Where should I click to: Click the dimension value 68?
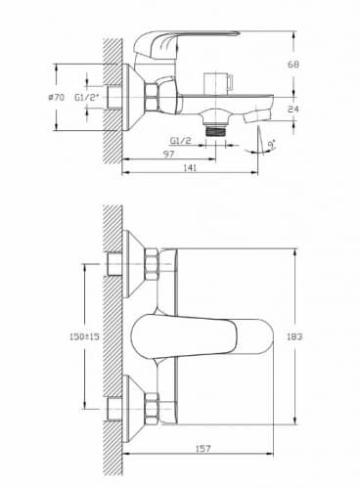point(293,65)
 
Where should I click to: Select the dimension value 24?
point(293,109)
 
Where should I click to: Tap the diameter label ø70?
point(57,97)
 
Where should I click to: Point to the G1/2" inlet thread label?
point(87,97)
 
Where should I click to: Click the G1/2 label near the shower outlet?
point(181,140)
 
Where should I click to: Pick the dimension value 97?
point(168,154)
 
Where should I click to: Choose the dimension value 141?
point(190,167)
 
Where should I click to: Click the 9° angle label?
point(271,144)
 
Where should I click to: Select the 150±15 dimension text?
point(84,336)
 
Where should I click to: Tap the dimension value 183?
point(294,336)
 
